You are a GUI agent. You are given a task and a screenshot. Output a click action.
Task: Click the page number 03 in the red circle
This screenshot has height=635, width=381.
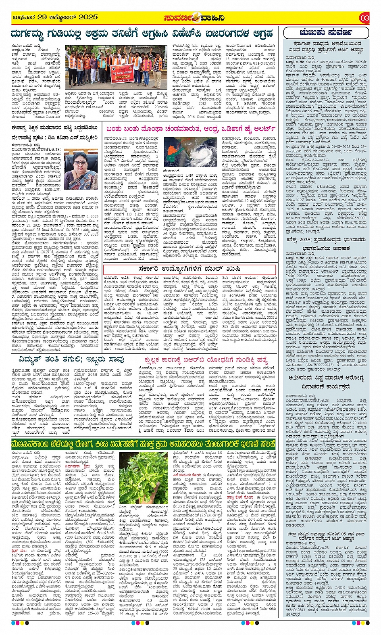tap(364, 18)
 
